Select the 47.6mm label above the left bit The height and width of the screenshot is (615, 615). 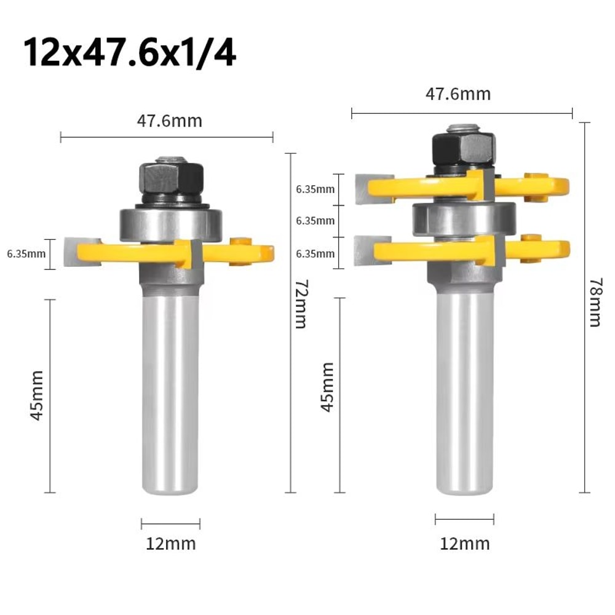pyautogui.click(x=169, y=121)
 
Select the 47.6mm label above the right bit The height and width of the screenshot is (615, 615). pyautogui.click(x=458, y=94)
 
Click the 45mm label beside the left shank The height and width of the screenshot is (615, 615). pyautogui.click(x=37, y=395)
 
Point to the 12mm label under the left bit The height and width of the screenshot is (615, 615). pyautogui.click(x=170, y=544)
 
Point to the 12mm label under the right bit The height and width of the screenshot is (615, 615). pyautogui.click(x=465, y=544)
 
